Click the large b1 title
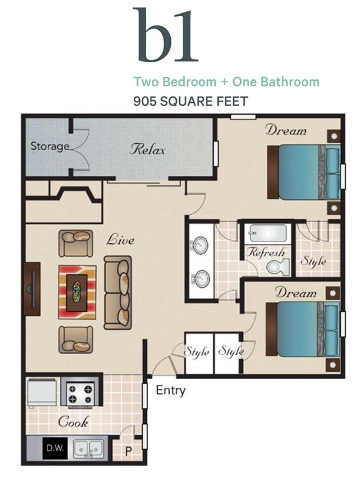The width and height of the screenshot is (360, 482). click(x=165, y=35)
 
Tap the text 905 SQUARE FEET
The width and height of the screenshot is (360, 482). click(x=190, y=102)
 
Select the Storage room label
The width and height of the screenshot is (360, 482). click(x=50, y=146)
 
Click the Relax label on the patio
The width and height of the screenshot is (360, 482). click(x=147, y=150)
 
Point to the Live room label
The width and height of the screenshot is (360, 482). click(x=120, y=240)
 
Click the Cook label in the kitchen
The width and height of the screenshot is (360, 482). click(x=73, y=423)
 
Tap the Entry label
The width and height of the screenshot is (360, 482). click(x=170, y=391)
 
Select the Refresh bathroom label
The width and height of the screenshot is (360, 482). click(x=265, y=252)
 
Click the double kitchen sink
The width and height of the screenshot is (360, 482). click(x=90, y=448)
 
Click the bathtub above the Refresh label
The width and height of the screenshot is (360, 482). click(x=267, y=234)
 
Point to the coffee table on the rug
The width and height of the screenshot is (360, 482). click(x=77, y=292)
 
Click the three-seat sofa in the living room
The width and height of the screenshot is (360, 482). click(x=118, y=292)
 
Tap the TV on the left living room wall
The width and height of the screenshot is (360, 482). click(x=32, y=288)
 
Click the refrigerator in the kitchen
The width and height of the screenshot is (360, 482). click(x=42, y=393)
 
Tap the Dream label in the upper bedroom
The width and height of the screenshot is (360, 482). click(x=285, y=130)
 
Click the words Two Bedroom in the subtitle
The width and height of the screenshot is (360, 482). click(x=174, y=82)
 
